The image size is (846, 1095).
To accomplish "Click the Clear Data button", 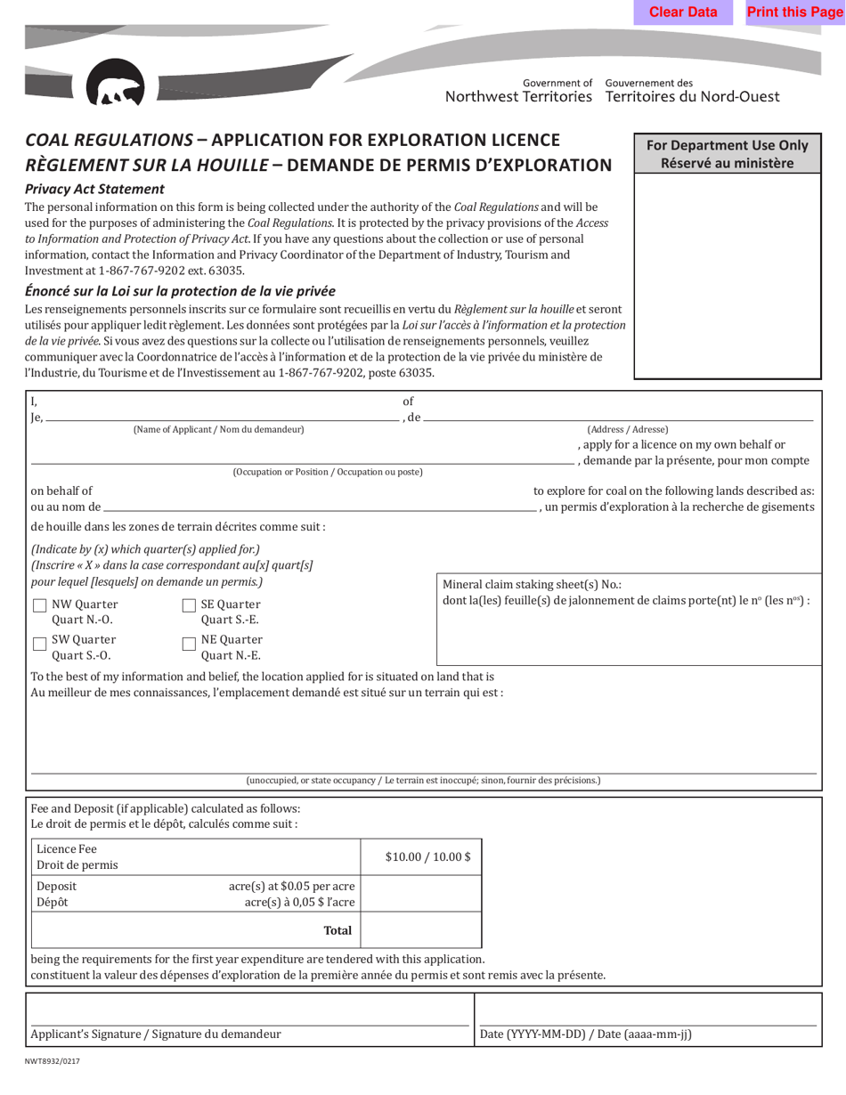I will click(683, 12).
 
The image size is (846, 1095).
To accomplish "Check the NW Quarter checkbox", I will click(40, 605).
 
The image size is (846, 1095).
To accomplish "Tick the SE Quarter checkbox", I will click(189, 605).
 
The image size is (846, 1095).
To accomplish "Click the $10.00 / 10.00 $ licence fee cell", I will click(421, 856).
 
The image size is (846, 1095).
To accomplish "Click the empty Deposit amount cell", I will click(421, 895).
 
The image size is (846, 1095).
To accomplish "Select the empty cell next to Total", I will click(421, 930).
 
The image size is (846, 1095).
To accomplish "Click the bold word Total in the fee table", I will click(338, 930).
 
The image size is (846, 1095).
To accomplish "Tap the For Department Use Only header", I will click(727, 154).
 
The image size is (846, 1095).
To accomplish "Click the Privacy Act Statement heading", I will click(94, 189).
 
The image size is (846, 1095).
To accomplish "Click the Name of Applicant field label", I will click(218, 430).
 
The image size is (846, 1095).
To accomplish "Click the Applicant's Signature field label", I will click(156, 1034).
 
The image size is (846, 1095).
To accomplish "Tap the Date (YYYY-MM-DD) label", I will click(585, 1034).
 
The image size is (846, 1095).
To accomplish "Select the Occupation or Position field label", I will click(328, 472).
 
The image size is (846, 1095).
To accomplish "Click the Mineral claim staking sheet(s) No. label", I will click(532, 585).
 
